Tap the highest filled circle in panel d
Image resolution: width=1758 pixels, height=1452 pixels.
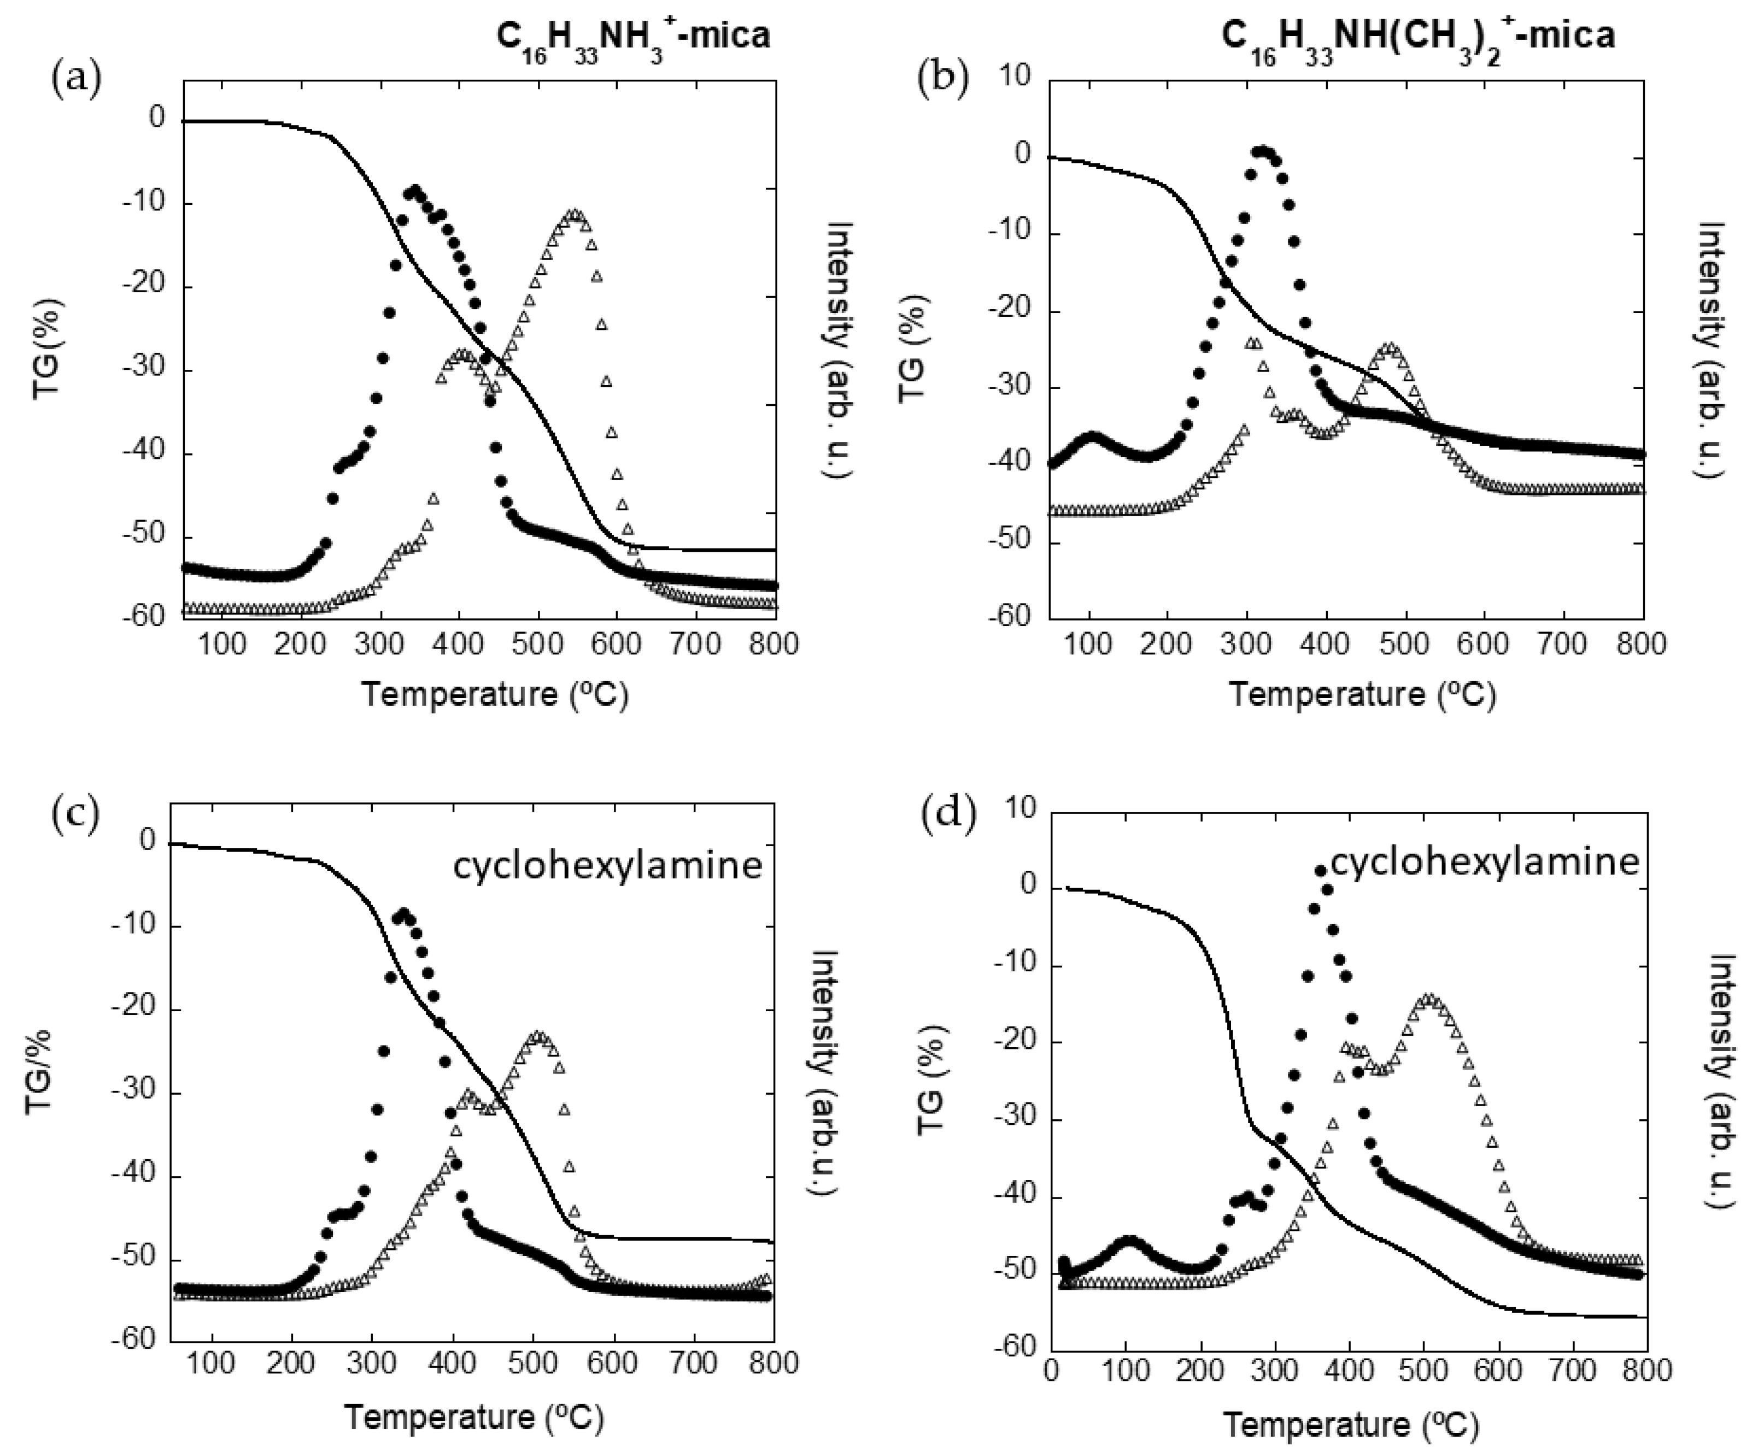(x=1320, y=870)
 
